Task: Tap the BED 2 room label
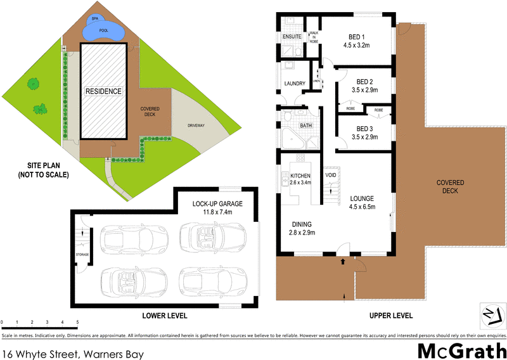(364, 82)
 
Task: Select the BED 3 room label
(364, 128)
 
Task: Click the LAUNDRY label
(295, 84)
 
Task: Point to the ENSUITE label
(293, 36)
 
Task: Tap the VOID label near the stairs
(330, 174)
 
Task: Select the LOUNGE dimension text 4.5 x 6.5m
(363, 207)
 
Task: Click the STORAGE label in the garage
(82, 255)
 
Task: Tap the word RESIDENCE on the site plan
(103, 91)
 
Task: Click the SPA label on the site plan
(95, 18)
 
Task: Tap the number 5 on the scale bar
(77, 323)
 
